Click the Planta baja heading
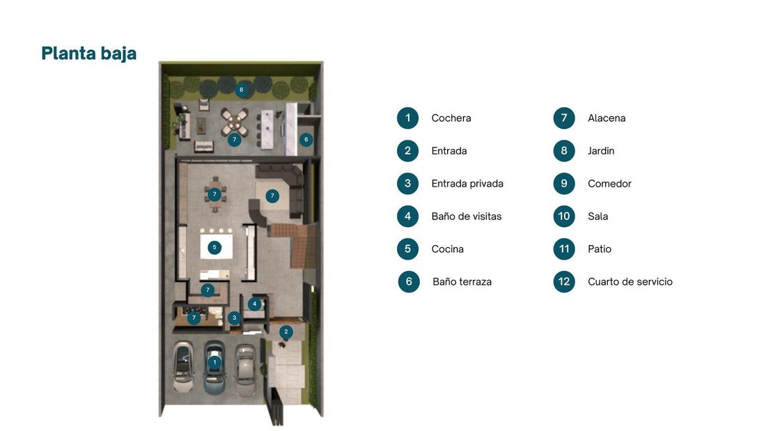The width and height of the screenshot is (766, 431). pos(89,54)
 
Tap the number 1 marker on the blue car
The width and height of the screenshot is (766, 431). pos(214,363)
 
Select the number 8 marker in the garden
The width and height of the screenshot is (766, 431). pos(241,90)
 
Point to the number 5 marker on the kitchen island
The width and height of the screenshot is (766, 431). pos(214,247)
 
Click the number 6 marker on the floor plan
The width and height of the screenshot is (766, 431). pos(306,140)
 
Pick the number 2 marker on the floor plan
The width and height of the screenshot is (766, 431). pos(286,332)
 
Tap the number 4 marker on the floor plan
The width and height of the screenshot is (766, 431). pos(254,304)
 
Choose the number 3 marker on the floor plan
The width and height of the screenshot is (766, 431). pos(234,318)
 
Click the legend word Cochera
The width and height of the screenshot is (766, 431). pos(451,118)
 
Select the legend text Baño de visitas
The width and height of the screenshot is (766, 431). pos(467,217)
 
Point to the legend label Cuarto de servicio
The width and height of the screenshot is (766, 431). pos(630,282)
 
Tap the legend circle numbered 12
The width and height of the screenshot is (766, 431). pos(564,281)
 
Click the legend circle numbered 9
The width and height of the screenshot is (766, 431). pos(564,183)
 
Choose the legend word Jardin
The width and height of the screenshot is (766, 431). pos(601,151)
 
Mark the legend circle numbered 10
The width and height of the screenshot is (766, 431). pos(564,216)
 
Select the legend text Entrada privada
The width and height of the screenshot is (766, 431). pos(467,184)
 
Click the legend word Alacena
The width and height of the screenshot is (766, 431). pos(607,118)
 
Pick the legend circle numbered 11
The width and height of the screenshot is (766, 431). pos(564,249)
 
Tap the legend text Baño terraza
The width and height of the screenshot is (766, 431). pos(462,282)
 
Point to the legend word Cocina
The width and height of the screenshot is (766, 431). pos(448,249)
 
